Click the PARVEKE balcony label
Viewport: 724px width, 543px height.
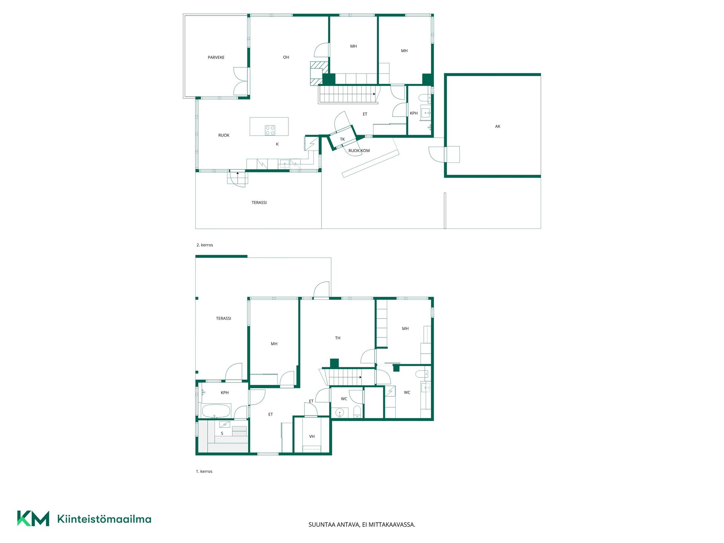click(216, 57)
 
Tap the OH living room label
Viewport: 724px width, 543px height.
click(286, 57)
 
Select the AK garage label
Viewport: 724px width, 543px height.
click(498, 126)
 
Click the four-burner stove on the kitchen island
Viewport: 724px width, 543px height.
click(270, 130)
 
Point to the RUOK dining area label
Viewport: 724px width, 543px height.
click(224, 135)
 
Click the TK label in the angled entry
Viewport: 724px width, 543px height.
click(342, 139)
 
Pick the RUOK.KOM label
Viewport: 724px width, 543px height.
click(359, 150)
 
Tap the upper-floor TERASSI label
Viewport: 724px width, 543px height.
click(259, 202)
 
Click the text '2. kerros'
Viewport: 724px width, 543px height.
click(205, 245)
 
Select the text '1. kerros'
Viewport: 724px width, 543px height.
click(204, 471)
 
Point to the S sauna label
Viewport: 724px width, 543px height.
click(222, 433)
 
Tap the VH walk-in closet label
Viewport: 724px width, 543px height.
click(312, 436)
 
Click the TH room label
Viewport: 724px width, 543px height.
click(338, 338)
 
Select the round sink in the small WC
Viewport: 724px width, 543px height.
click(340, 413)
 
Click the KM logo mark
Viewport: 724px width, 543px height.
click(33, 518)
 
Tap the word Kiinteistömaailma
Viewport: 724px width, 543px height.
click(104, 519)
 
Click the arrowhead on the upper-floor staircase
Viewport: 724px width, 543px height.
click(374, 94)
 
